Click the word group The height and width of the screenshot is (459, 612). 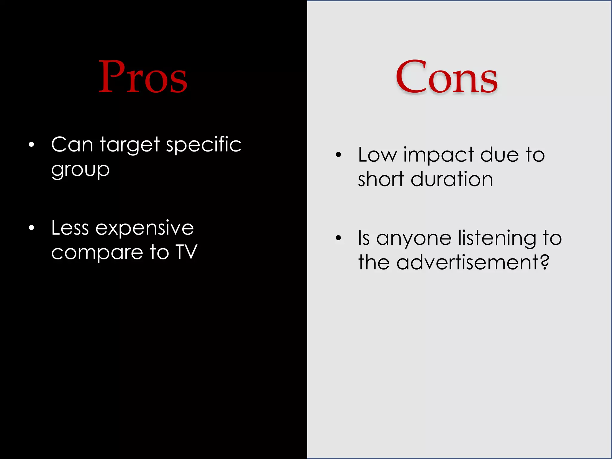80,170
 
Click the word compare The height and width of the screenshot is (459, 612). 97,253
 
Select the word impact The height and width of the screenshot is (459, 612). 439,155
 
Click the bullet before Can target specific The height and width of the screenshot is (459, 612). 31,145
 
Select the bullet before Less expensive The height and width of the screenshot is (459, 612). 31,228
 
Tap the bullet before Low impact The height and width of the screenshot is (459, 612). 338,154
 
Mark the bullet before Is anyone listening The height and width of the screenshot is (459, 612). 338,238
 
